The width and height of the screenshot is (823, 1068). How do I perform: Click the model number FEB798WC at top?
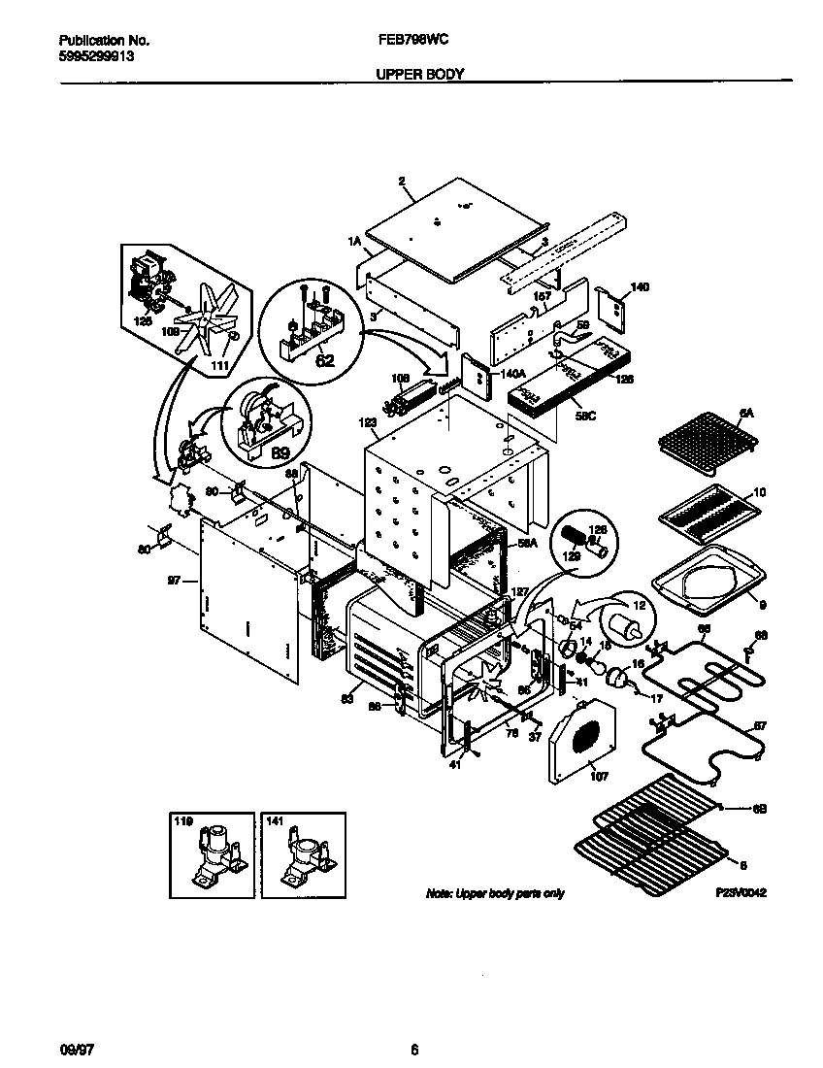pyautogui.click(x=411, y=41)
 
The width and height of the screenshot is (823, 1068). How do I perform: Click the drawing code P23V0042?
pyautogui.click(x=741, y=892)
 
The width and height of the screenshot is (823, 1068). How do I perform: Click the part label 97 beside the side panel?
pyautogui.click(x=175, y=580)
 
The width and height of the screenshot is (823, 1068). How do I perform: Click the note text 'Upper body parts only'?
pyautogui.click(x=495, y=893)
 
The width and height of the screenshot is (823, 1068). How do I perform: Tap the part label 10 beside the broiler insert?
pyautogui.click(x=759, y=493)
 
